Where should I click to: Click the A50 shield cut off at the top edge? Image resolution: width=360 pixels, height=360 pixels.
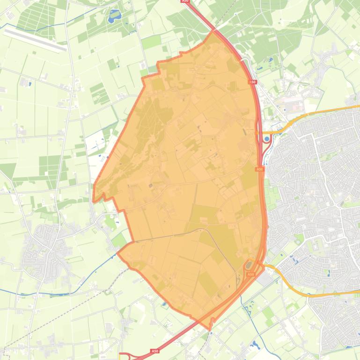click(x=185, y=1)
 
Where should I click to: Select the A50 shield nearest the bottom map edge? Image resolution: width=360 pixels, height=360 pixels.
click(x=154, y=351)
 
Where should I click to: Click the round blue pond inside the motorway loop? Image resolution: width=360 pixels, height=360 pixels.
click(x=267, y=139)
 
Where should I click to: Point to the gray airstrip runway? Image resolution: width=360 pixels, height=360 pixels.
click(x=35, y=40)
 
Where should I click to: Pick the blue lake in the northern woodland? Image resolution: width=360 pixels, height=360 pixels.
click(x=114, y=17)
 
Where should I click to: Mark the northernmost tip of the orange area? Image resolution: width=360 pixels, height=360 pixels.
click(x=213, y=31)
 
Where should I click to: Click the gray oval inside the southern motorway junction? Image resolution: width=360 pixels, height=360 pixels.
click(x=249, y=266)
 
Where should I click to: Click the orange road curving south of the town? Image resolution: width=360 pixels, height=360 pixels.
click(x=300, y=293)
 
